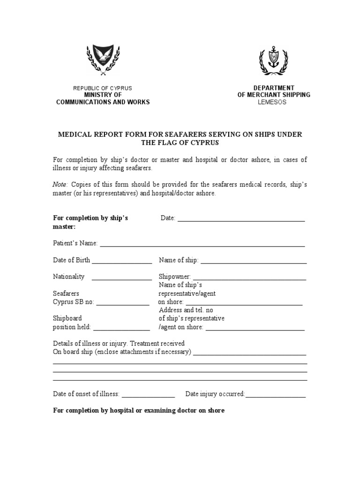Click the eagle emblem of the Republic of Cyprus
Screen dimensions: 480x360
point(103,60)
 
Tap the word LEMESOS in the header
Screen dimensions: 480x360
point(274,102)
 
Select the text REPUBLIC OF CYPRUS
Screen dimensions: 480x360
point(103,88)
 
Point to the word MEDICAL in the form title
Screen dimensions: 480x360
point(73,135)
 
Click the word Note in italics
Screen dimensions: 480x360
point(60,185)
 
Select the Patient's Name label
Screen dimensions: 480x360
point(75,243)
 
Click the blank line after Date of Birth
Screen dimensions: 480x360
point(122,262)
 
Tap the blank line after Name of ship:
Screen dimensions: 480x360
point(254,262)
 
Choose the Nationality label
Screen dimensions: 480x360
point(68,277)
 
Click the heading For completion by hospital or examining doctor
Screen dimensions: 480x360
point(139,411)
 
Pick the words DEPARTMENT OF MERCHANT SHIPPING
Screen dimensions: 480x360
point(274,91)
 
